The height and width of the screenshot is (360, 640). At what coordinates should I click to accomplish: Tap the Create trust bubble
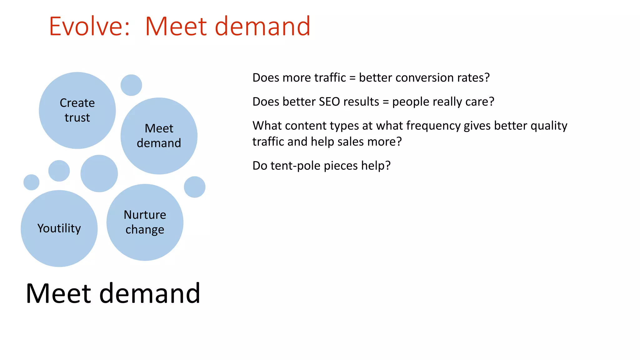77,110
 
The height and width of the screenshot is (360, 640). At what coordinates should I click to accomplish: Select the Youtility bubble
59,228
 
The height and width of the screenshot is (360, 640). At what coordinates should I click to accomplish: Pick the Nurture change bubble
145,222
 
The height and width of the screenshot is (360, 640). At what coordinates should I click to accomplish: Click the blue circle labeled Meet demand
159,136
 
